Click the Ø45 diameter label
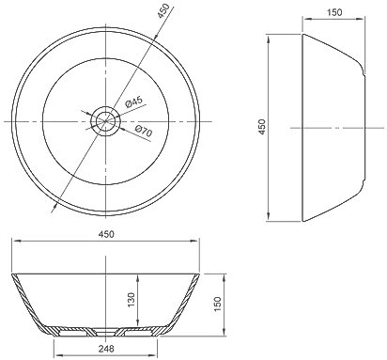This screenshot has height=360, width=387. pyautogui.click(x=133, y=102)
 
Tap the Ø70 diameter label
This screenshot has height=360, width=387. pyautogui.click(x=144, y=131)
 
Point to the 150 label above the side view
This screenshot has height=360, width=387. pyautogui.click(x=334, y=12)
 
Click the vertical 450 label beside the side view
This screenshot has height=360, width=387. pyautogui.click(x=262, y=127)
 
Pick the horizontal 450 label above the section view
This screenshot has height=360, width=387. pyautogui.click(x=106, y=234)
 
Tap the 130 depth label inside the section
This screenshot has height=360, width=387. pyautogui.click(x=132, y=300)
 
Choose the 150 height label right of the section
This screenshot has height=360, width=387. pyautogui.click(x=217, y=304)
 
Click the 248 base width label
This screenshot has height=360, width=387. pyautogui.click(x=106, y=348)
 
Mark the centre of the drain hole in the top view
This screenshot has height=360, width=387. pyautogui.click(x=105, y=121)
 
